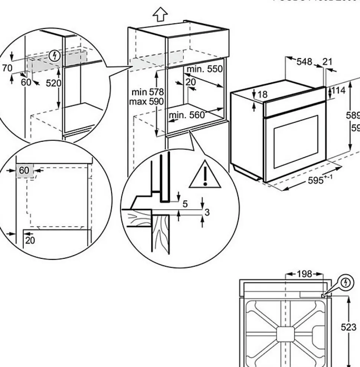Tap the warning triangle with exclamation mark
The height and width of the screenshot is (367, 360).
pyautogui.click(x=204, y=175)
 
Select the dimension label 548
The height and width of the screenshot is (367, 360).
pyautogui.click(x=304, y=61)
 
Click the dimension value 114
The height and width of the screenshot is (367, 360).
pyautogui.click(x=338, y=90)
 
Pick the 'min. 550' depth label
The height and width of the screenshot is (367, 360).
pyautogui.click(x=204, y=69)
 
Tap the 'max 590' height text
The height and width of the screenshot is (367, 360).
pyautogui.click(x=147, y=101)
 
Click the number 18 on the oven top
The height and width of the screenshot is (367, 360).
pyautogui.click(x=262, y=94)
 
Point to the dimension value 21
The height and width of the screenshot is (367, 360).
pyautogui.click(x=327, y=61)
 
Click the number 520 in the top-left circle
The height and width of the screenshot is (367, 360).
pyautogui.click(x=53, y=83)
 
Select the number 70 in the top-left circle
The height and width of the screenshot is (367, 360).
pyautogui.click(x=7, y=68)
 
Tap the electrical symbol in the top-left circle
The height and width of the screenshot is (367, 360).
pyautogui.click(x=55, y=56)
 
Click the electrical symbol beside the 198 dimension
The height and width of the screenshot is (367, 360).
pyautogui.click(x=347, y=283)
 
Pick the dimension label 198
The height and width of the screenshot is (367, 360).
pyautogui.click(x=304, y=275)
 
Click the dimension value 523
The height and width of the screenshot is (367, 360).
pyautogui.click(x=348, y=327)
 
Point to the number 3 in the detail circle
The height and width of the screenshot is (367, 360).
pyautogui.click(x=207, y=212)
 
